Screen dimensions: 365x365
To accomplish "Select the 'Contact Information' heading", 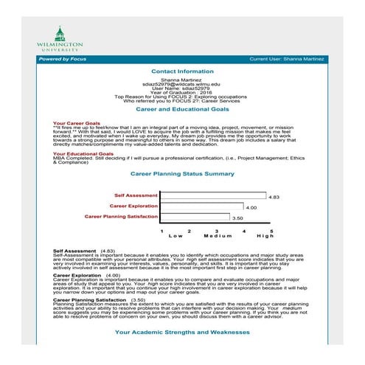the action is tap(181, 72).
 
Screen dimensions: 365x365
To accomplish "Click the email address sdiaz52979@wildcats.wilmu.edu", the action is tap(181, 85).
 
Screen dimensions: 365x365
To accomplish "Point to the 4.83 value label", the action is tap(274, 198).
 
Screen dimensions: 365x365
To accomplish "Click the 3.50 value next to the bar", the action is tap(237, 219).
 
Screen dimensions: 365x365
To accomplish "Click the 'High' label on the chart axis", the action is tap(264, 236).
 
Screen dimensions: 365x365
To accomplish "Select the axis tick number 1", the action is tap(161, 231).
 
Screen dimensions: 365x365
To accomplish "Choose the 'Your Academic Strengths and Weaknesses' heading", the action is tap(181, 333).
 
